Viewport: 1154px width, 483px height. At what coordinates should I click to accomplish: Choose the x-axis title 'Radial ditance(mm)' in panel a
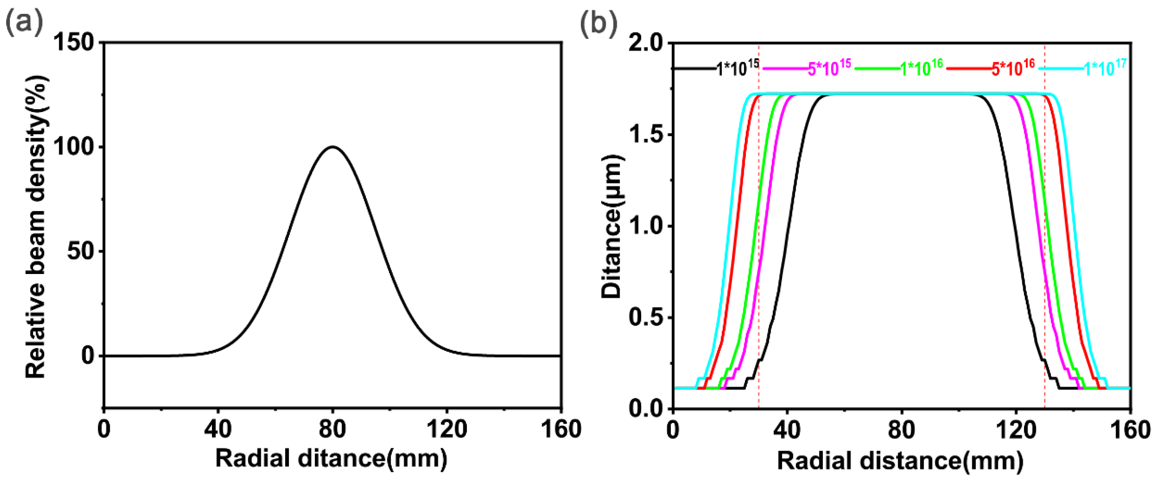pos(331,459)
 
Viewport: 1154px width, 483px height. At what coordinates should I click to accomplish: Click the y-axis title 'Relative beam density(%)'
pos(36,227)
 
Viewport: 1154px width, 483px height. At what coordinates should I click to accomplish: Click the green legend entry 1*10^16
pos(921,69)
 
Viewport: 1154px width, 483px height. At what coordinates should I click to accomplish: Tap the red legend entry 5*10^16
pos(1012,69)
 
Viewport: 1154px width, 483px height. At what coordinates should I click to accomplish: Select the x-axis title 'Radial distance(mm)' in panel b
pos(900,461)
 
